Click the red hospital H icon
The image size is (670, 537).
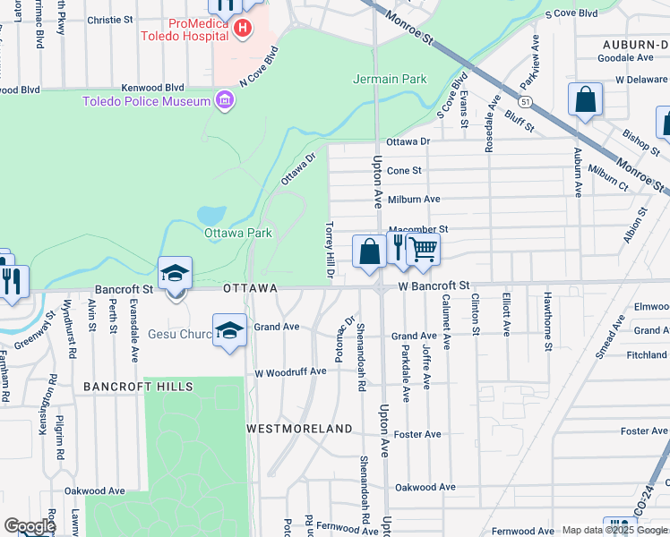click(x=241, y=30)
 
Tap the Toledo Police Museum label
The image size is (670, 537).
click(x=146, y=101)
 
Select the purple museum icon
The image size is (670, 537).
click(x=224, y=99)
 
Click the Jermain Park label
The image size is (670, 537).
click(x=390, y=79)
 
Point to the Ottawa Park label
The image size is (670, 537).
click(x=237, y=234)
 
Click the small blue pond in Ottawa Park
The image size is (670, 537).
click(x=211, y=216)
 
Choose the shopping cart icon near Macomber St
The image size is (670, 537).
click(x=423, y=251)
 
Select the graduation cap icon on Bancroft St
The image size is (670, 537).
click(x=176, y=274)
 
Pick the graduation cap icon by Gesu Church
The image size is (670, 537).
click(x=229, y=330)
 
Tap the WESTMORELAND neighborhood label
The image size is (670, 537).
click(x=300, y=430)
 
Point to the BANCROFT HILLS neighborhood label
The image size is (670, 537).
click(x=138, y=387)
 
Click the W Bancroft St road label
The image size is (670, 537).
click(x=434, y=286)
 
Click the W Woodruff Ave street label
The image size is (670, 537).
click(x=290, y=371)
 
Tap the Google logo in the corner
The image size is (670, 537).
click(x=29, y=526)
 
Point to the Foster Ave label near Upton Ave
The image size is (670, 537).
click(x=418, y=435)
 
